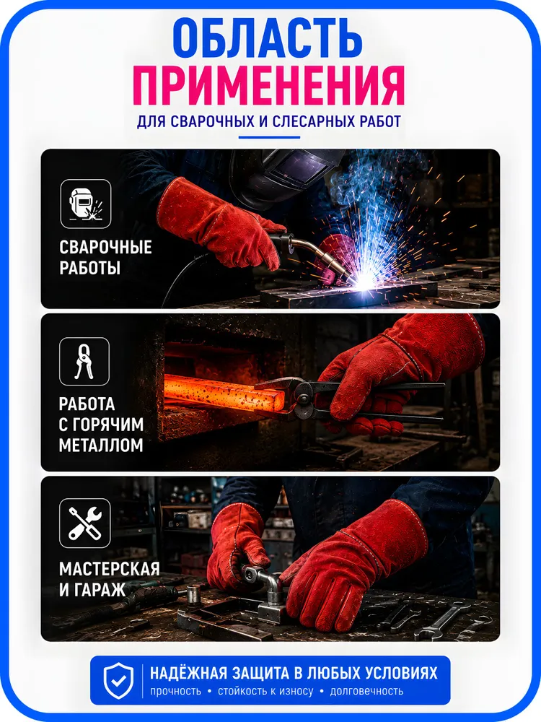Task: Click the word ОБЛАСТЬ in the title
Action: pos(268,39)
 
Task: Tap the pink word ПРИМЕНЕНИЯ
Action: pos(268,86)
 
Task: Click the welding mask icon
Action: pos(86,204)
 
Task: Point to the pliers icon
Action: pos(84,362)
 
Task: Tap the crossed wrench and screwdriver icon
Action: pos(84,523)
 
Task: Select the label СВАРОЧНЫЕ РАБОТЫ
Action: pos(105,258)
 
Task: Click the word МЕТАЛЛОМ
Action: pos(101,445)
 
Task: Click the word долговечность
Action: pos(366,691)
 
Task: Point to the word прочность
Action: pos(176,691)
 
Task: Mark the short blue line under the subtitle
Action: pos(269,136)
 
